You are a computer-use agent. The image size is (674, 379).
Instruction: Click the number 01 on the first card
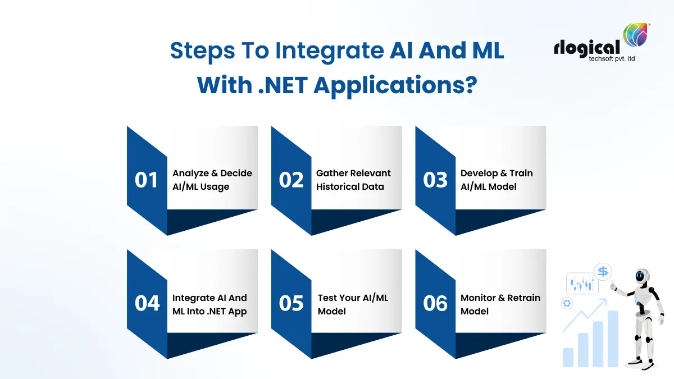coord(147,180)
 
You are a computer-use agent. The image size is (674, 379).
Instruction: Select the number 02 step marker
coord(291,180)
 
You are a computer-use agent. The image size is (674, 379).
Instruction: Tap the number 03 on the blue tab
coord(435,180)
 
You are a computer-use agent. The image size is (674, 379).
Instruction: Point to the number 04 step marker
coord(147,303)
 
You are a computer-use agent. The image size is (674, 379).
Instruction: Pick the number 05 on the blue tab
coord(291,303)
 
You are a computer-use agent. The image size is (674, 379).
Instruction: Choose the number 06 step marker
coord(435,303)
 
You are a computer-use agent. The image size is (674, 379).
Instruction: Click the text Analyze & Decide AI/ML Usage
coord(212,180)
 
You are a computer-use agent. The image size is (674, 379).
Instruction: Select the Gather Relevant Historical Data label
coord(353,180)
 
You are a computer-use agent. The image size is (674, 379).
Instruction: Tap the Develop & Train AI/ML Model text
coord(497,180)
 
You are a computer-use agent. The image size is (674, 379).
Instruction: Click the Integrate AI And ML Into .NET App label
coord(210,304)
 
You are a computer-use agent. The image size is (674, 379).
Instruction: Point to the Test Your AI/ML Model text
coord(353,304)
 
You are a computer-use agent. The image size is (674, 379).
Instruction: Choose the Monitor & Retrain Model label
coord(500,304)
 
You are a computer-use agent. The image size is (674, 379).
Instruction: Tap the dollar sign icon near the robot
coord(603,272)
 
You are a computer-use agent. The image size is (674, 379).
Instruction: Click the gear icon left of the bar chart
coord(566,303)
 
